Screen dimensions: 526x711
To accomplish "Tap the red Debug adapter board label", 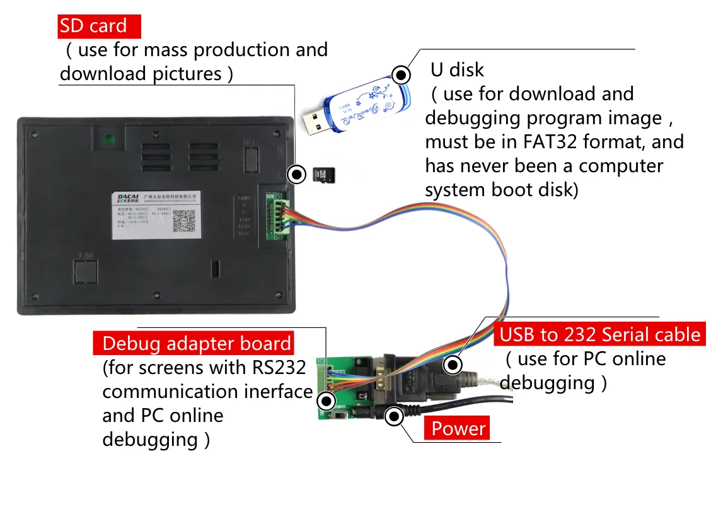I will click(196, 344).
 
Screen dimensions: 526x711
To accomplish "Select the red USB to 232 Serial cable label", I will click(599, 334).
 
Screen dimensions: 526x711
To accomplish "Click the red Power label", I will click(458, 429).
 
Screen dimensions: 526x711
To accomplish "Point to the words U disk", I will click(457, 69).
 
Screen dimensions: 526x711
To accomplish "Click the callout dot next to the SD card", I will click(295, 175).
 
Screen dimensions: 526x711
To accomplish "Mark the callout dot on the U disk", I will click(401, 74).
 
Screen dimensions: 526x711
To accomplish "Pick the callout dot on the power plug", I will click(395, 416).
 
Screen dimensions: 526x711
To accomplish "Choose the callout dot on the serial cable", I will click(452, 365).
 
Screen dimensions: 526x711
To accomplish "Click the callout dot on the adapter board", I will click(326, 400).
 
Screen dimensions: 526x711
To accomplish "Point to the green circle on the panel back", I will click(108, 139).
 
